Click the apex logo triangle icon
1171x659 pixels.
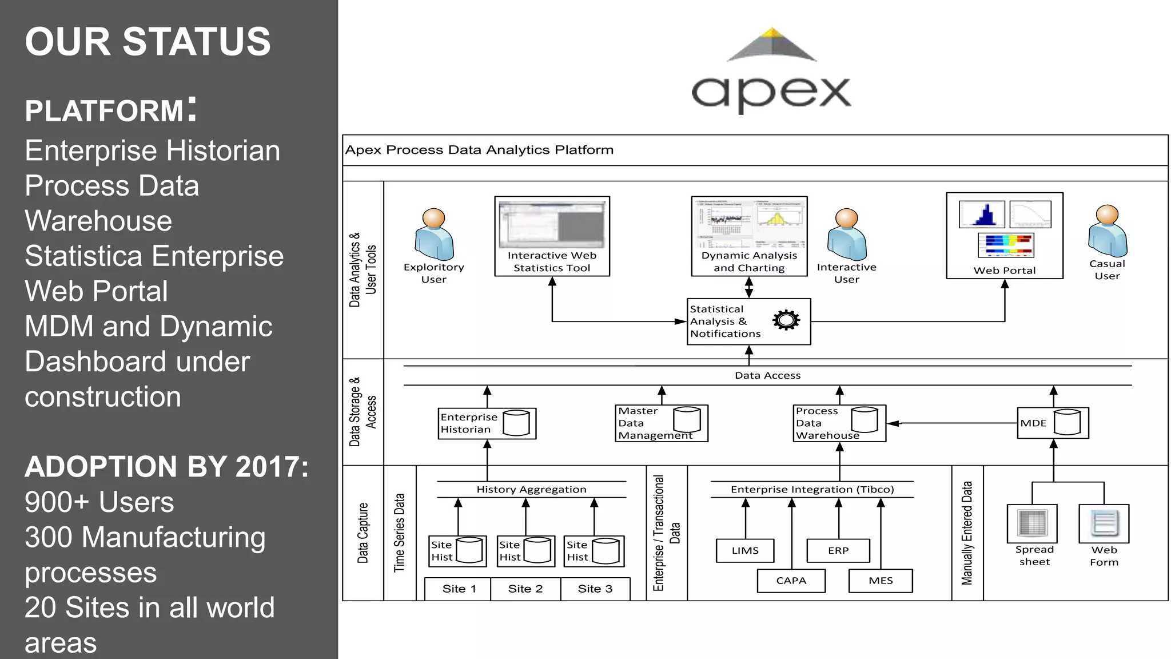click(x=772, y=45)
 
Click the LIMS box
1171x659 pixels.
click(x=745, y=550)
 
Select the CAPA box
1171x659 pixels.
click(x=791, y=581)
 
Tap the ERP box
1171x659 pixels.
click(x=838, y=550)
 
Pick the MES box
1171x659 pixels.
click(x=881, y=581)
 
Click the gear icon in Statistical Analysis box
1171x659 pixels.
click(x=786, y=320)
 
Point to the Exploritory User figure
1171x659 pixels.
click(x=434, y=235)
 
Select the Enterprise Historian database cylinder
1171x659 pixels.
click(x=516, y=423)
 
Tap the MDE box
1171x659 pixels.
click(x=1053, y=423)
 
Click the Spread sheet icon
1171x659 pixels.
click(x=1032, y=523)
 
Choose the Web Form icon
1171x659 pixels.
click(x=1104, y=523)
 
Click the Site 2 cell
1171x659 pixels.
click(x=525, y=589)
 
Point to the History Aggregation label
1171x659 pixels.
click(x=531, y=490)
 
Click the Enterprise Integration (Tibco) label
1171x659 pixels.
click(x=812, y=490)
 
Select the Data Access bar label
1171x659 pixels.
click(x=767, y=376)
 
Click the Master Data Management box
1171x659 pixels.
click(x=662, y=423)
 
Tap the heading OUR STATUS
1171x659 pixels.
click(x=148, y=42)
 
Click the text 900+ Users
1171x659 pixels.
click(x=99, y=502)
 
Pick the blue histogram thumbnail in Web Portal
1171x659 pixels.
click(x=982, y=215)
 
